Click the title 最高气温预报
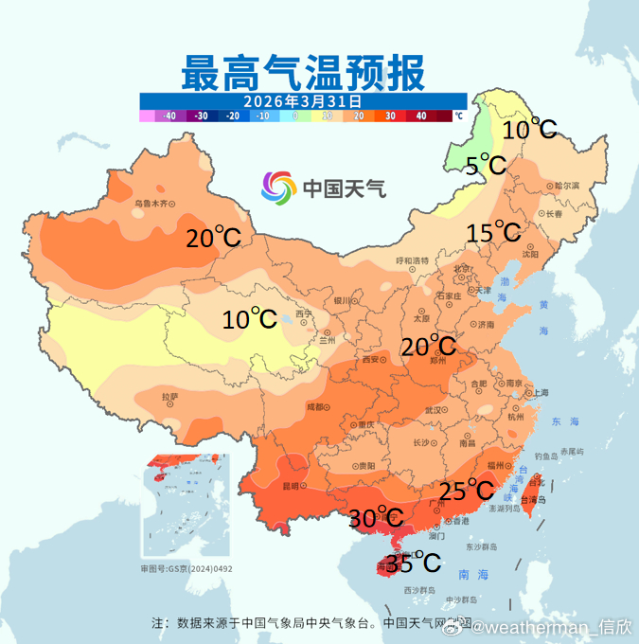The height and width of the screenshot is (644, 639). pos(303,71)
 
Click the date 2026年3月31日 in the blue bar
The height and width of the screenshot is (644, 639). pos(303,100)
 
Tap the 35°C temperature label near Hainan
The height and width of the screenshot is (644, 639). pos(414,563)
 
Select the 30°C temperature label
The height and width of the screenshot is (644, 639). pos(376,518)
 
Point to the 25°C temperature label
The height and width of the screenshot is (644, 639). pos(467,491)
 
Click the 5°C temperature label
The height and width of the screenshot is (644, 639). pos(487,167)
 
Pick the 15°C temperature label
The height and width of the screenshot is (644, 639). pos(493,232)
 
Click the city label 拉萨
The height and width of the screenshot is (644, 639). pos(169,398)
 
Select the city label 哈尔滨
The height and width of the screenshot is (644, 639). pos(565,186)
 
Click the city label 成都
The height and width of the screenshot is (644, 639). pos(313,407)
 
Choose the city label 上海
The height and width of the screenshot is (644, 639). pos(541,393)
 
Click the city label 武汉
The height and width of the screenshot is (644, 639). pos(435,410)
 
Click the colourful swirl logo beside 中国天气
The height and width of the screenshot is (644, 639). pos(279,187)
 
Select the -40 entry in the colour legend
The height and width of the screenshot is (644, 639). pos(169,116)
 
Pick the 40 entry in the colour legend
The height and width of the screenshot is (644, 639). pos(420,116)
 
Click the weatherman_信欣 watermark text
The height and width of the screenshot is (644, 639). pos(543,627)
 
